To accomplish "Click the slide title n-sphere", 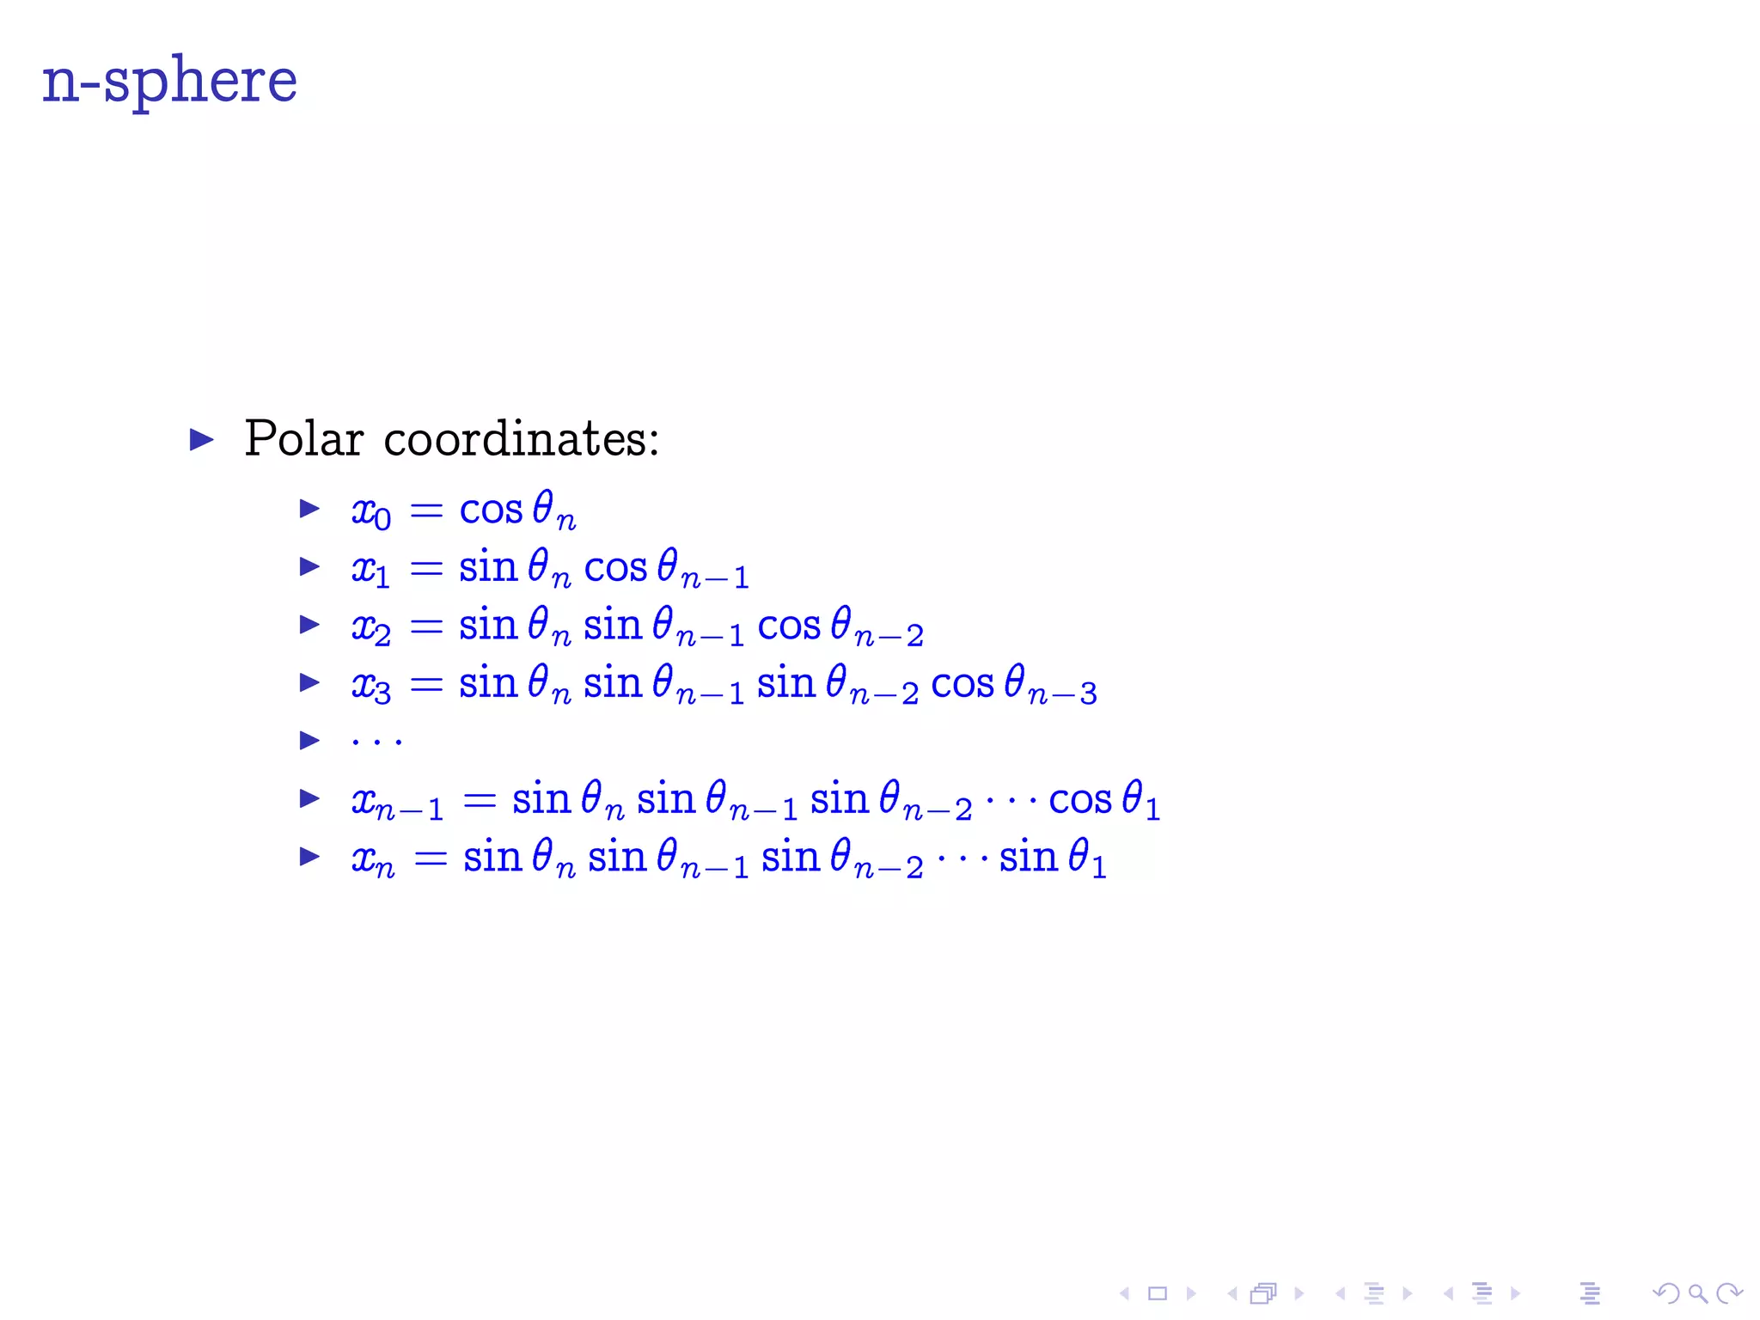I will (x=169, y=81).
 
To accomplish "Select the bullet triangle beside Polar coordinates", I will (x=201, y=440).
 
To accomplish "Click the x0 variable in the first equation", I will (x=370, y=511).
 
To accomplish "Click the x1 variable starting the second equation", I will (x=370, y=570).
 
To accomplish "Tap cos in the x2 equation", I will (x=789, y=626).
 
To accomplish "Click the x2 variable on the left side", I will (x=370, y=627).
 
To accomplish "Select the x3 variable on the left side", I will (x=370, y=686).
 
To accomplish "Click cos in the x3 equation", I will (x=962, y=685).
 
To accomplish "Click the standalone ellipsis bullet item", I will (x=376, y=740).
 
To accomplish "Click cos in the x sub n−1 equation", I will (x=1080, y=800).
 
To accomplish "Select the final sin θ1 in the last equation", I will (x=1053, y=858).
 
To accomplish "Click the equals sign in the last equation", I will (x=431, y=858).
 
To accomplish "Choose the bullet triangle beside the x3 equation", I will (x=309, y=683).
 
